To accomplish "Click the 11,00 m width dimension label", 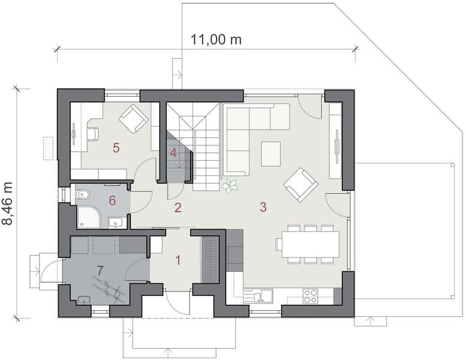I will click(x=216, y=40).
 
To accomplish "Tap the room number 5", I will click(x=117, y=146).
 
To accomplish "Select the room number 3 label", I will click(x=263, y=208).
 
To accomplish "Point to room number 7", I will click(x=101, y=269).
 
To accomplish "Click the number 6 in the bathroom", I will click(x=112, y=200).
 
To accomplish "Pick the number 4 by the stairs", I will click(x=173, y=152).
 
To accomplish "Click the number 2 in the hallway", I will click(x=178, y=208).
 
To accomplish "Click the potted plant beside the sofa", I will click(x=230, y=187).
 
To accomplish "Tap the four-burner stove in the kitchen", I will click(x=310, y=295).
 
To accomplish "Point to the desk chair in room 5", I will click(x=94, y=133).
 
